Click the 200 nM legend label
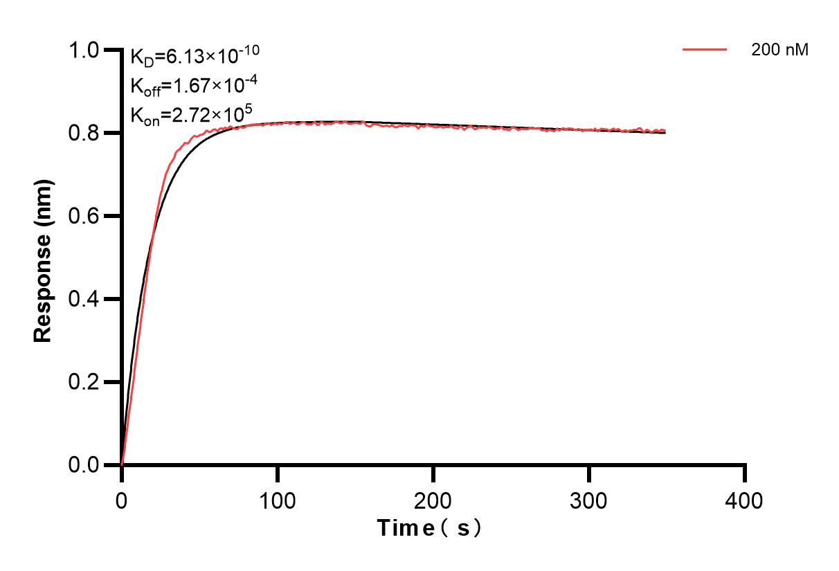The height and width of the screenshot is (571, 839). pyautogui.click(x=780, y=50)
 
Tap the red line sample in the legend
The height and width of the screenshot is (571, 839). pyautogui.click(x=705, y=50)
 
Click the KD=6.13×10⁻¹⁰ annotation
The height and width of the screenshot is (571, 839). pyautogui.click(x=195, y=55)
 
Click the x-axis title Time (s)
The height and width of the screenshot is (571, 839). pyautogui.click(x=429, y=528)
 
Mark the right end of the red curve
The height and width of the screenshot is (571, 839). pyautogui.click(x=666, y=131)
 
